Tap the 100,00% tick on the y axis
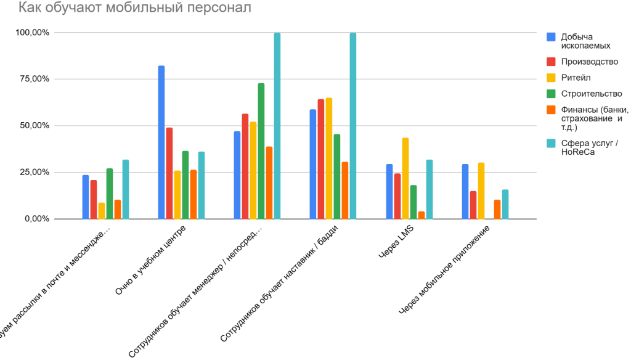pyautogui.click(x=33, y=33)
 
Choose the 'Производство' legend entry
pyautogui.click(x=589, y=62)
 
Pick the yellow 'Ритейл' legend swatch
pyautogui.click(x=552, y=78)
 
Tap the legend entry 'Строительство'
pyautogui.click(x=591, y=94)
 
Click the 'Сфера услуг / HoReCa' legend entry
pyautogui.click(x=589, y=148)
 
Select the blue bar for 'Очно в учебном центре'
pyautogui.click(x=161, y=142)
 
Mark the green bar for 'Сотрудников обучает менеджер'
pyautogui.click(x=261, y=151)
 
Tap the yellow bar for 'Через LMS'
pyautogui.click(x=405, y=178)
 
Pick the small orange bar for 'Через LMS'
pyautogui.click(x=421, y=215)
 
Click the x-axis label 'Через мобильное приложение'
pyautogui.click(x=447, y=272)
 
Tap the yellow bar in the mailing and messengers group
pyautogui.click(x=102, y=211)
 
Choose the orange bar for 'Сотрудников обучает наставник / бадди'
pyautogui.click(x=345, y=190)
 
